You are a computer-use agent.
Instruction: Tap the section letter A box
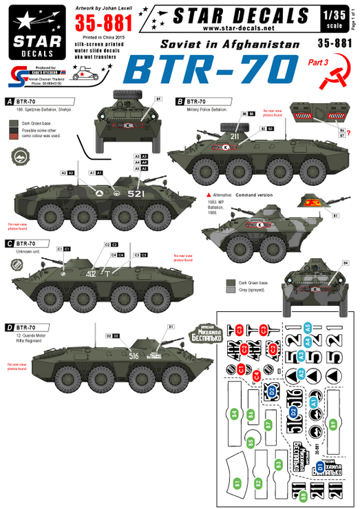pyautogui.click(x=8, y=100)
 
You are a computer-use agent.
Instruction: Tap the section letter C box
pyautogui.click(x=8, y=243)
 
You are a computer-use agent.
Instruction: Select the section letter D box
pyautogui.click(x=8, y=326)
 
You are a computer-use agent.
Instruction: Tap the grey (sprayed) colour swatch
pyautogui.click(x=231, y=291)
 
